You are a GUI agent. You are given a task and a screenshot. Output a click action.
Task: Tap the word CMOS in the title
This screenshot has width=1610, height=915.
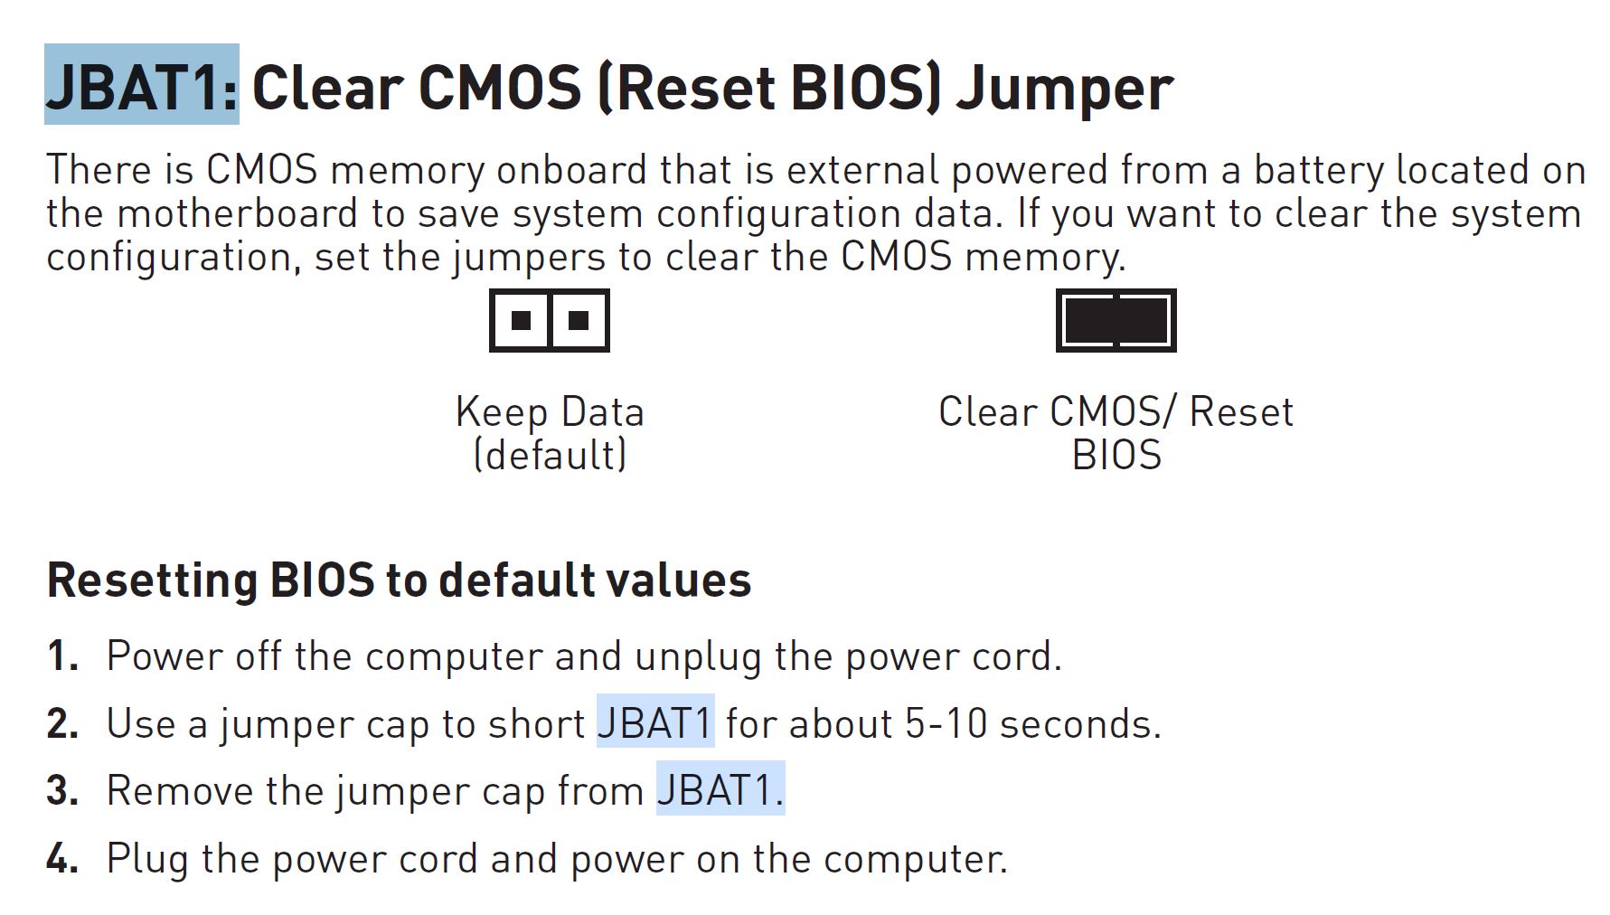point(500,88)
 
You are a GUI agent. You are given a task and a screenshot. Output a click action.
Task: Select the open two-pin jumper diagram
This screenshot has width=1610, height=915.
point(550,320)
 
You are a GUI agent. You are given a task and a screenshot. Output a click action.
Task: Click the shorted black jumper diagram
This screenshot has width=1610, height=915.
point(1116,320)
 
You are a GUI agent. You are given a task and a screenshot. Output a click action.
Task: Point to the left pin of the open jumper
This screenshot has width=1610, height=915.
point(521,320)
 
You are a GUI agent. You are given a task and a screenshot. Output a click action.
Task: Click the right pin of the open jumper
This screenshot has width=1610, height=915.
point(579,320)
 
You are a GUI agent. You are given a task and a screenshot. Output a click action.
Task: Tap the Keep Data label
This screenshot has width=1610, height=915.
point(550,412)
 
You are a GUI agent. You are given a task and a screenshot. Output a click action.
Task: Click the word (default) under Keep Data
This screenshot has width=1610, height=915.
point(550,455)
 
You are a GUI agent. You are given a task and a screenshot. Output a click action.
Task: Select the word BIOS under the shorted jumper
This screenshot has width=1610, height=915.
point(1116,455)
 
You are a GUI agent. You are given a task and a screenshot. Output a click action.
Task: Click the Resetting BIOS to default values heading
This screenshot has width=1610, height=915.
point(399,580)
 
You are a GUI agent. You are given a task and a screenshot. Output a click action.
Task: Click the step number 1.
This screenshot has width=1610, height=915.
point(62,656)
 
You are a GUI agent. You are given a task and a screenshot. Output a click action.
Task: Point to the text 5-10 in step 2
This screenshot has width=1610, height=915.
point(946,723)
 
